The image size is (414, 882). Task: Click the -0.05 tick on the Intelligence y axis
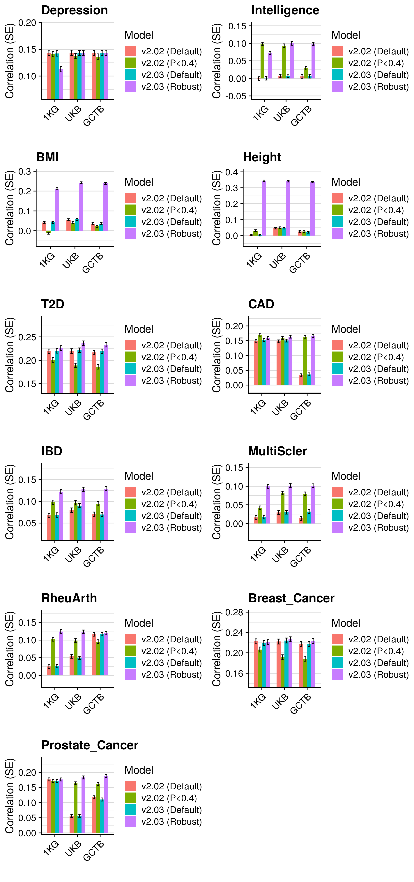pos(236,96)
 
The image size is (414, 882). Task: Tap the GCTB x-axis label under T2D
pos(93,410)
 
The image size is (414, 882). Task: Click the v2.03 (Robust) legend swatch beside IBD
pos(130,527)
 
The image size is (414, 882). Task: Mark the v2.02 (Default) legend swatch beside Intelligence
pos(337,51)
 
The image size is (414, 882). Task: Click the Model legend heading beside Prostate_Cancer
pos(139,770)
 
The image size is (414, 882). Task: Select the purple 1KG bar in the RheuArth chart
pos(61,653)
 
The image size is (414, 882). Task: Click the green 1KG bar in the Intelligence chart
pos(263,61)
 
